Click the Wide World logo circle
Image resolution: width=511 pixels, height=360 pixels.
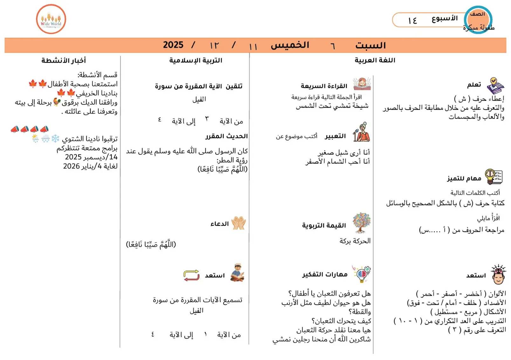click(51, 19)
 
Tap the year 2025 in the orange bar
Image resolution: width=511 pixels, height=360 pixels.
click(173, 45)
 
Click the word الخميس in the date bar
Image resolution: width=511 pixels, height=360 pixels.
click(290, 45)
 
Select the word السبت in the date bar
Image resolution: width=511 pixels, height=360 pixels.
click(370, 45)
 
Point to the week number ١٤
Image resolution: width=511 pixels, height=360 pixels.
click(412, 21)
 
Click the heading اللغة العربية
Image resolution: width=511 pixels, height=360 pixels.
click(375, 60)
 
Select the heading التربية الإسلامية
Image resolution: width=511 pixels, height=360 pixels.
click(196, 60)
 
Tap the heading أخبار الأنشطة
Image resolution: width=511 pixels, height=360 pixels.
click(64, 60)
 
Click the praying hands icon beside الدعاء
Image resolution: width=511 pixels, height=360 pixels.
click(238, 223)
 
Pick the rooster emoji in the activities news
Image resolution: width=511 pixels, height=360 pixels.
click(57, 102)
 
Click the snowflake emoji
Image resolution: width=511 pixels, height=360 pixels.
click(55, 138)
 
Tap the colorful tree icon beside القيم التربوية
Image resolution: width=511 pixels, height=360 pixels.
click(362, 223)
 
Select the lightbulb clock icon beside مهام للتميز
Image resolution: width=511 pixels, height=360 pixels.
click(493, 177)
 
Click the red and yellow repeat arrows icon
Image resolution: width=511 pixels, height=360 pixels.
click(191, 275)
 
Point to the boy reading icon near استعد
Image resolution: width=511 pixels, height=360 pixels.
click(237, 273)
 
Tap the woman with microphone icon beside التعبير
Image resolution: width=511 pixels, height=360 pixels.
click(362, 132)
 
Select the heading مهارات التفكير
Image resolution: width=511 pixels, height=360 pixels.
click(325, 275)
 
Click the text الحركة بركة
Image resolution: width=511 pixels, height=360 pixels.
click(355, 241)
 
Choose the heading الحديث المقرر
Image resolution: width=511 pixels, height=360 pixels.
click(226, 136)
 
